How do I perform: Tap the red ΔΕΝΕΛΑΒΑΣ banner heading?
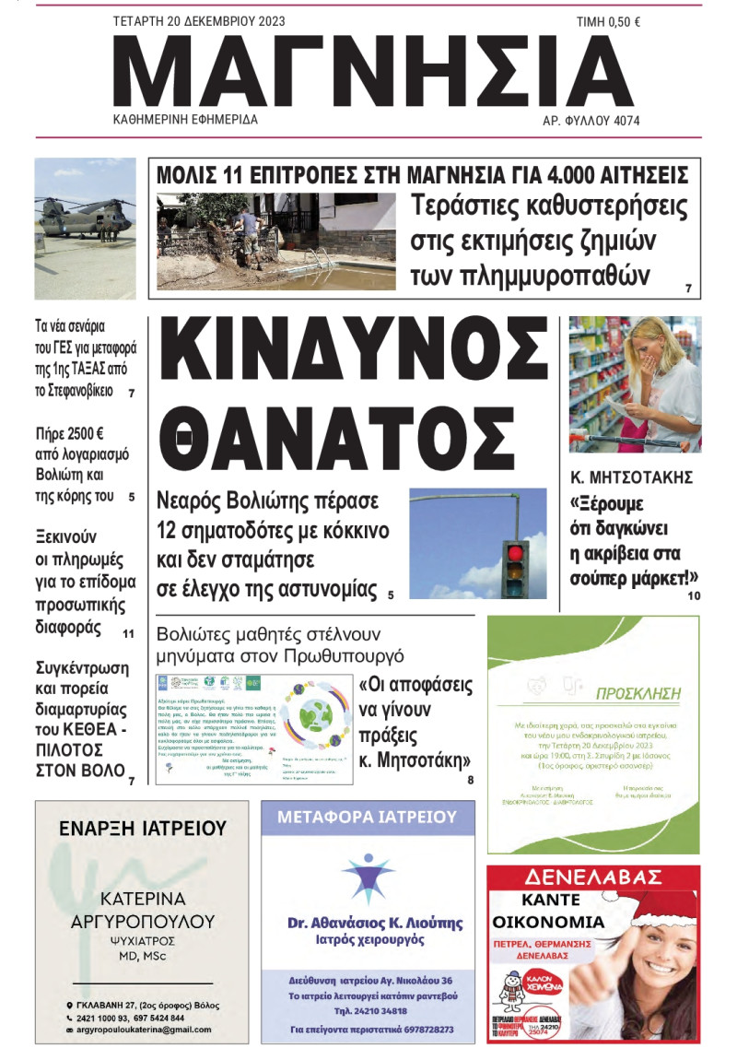tap(593, 877)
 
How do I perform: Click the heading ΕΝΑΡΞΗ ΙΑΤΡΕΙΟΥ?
tap(143, 828)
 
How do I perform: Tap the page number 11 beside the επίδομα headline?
tap(128, 634)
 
